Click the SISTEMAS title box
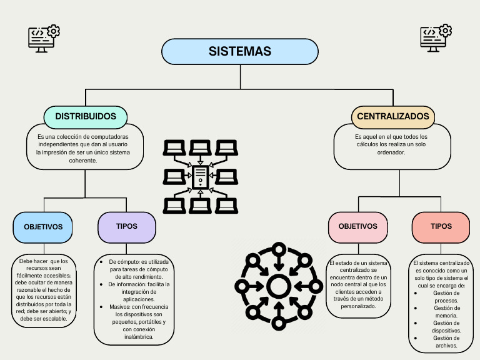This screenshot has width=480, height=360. (x=240, y=51)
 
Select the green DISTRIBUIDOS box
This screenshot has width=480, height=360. (x=86, y=116)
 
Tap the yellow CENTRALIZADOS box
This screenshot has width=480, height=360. (x=393, y=116)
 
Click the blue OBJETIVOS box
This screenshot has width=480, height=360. (x=43, y=227)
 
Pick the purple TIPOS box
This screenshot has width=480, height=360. (x=127, y=226)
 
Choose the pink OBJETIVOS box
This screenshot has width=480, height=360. (x=357, y=226)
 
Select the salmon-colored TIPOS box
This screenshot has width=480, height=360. (x=441, y=226)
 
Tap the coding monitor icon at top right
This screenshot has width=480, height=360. (x=436, y=39)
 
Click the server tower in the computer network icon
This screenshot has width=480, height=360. (x=200, y=177)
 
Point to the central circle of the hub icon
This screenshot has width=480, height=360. (x=277, y=287)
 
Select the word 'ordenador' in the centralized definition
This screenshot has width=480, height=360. (x=392, y=152)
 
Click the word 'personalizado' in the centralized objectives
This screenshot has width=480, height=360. (x=357, y=307)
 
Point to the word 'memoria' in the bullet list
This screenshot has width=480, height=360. (x=446, y=316)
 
